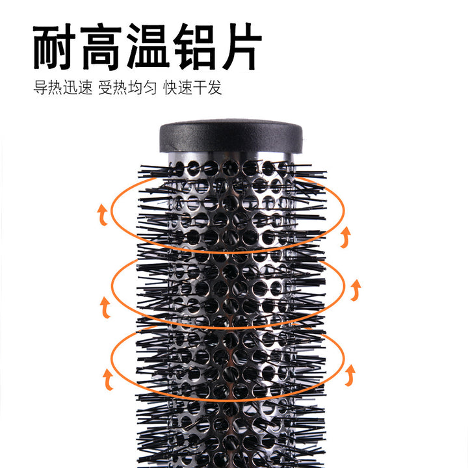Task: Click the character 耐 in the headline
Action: click(x=55, y=47)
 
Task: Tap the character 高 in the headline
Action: click(x=101, y=47)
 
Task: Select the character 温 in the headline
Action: click(x=147, y=47)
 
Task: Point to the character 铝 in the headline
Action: click(x=194, y=47)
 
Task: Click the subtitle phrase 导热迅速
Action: click(x=62, y=88)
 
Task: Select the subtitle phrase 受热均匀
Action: click(x=127, y=88)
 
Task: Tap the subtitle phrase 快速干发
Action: click(x=192, y=88)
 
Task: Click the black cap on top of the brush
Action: click(x=231, y=136)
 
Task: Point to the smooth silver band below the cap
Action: click(x=231, y=157)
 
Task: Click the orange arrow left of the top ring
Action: click(x=103, y=214)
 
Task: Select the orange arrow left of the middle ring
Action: click(x=105, y=307)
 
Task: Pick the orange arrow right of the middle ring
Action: click(x=355, y=290)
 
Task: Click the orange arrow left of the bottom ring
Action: click(x=108, y=380)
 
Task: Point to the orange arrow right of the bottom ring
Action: click(x=350, y=375)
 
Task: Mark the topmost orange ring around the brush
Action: click(x=227, y=252)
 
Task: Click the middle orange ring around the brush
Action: click(x=227, y=328)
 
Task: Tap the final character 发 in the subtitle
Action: click(x=215, y=88)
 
